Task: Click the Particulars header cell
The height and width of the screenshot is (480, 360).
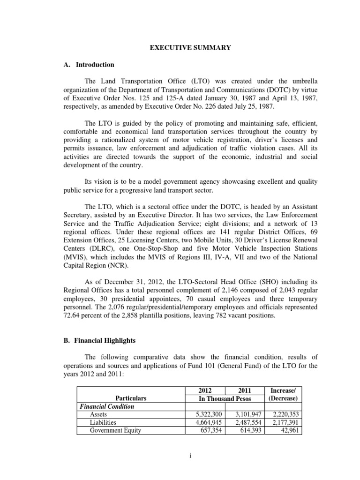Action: pyautogui.click(x=131, y=398)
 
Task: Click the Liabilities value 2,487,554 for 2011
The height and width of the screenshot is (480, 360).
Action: pyautogui.click(x=244, y=422)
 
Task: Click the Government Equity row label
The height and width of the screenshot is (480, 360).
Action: pyautogui.click(x=115, y=430)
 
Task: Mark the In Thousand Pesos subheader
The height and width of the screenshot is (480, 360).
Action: pyautogui.click(x=224, y=398)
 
